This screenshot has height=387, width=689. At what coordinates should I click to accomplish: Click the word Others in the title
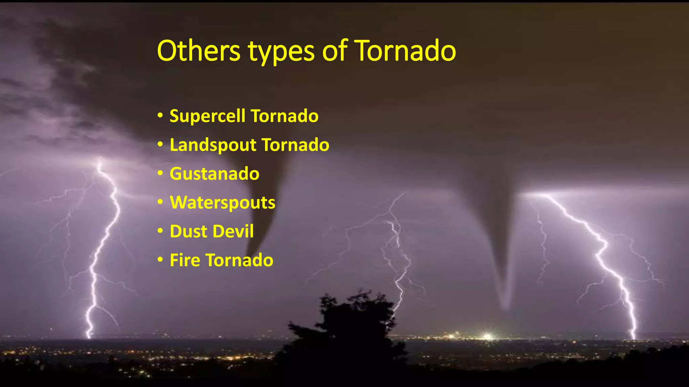pos(198,51)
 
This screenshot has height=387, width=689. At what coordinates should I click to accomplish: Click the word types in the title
pos(281,52)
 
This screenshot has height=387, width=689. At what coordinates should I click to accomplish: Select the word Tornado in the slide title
pos(405,51)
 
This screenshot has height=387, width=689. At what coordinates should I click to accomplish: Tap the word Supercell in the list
pos(207,116)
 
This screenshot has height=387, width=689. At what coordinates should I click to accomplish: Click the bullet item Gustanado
pos(214,174)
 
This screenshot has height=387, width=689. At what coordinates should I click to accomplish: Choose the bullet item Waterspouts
pos(222,203)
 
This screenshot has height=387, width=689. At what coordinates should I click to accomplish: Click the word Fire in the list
pos(185,260)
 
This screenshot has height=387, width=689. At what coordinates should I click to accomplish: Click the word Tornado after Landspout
pos(295,145)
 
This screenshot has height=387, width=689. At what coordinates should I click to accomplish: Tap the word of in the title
pos(334,51)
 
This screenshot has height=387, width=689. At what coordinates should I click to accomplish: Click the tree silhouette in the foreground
pos(350,329)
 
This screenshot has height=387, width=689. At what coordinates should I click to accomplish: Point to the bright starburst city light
pos(486,336)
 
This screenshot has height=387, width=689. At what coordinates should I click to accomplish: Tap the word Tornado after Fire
pos(239,260)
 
